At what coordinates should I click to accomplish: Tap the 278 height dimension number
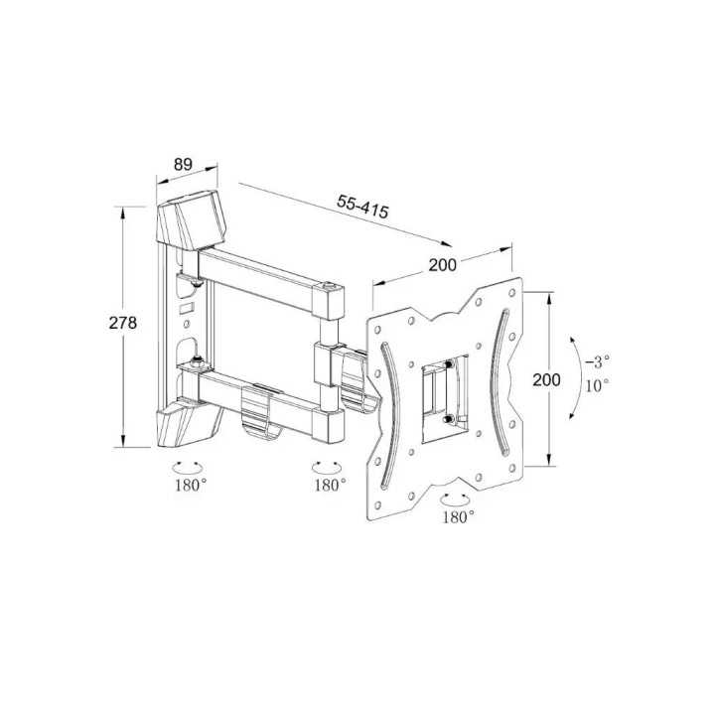tap(122, 323)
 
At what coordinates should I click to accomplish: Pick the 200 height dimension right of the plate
tap(546, 379)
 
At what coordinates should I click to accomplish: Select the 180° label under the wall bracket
tap(190, 485)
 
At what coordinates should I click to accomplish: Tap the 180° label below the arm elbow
tap(330, 485)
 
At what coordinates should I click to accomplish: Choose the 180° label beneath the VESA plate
tap(458, 516)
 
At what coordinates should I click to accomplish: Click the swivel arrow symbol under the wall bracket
tap(189, 465)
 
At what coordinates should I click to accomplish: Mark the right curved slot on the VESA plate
tap(501, 357)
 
